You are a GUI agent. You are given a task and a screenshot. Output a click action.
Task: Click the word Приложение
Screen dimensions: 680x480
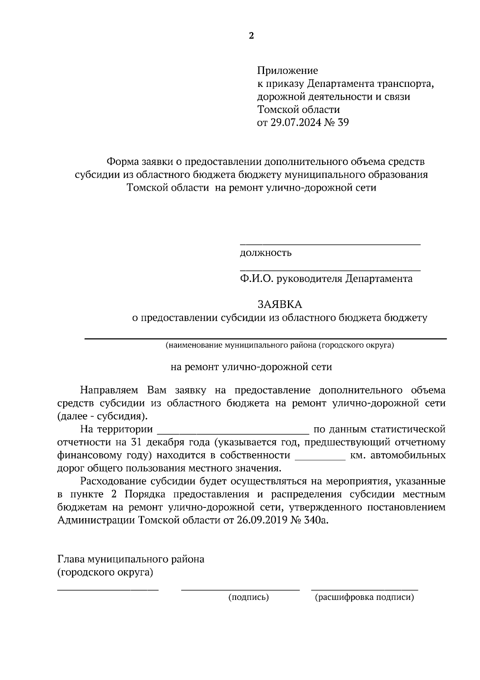pos(287,71)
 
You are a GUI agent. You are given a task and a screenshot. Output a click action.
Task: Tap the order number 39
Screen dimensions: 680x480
pos(343,123)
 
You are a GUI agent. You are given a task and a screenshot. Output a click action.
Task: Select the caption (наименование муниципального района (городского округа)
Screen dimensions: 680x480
pos(280,345)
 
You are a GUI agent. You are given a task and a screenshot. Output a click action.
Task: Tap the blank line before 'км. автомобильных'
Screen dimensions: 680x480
pos(320,459)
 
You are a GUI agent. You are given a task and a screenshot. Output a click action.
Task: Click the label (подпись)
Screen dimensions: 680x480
pos(248,598)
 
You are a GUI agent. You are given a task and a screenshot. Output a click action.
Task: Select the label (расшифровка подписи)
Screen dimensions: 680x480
pos(364,598)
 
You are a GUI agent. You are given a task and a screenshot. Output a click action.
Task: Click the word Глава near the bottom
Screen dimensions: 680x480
pos(72,559)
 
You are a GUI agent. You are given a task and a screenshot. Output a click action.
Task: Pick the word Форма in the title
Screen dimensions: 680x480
pos(122,162)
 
